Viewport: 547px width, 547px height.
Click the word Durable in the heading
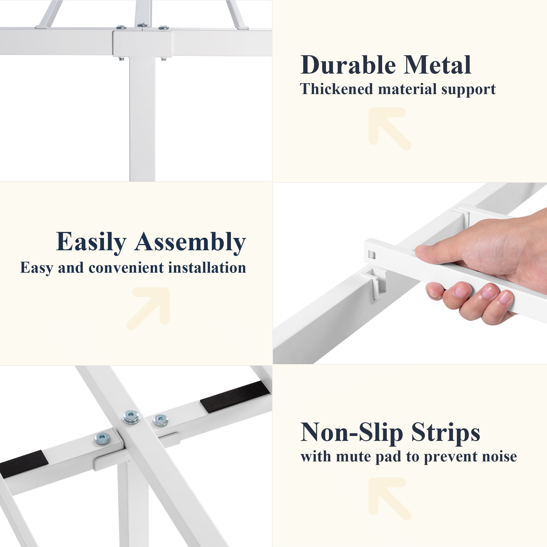[348, 65]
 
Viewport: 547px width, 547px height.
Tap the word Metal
[438, 65]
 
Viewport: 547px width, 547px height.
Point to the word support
[469, 90]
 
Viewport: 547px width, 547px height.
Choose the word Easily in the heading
[91, 242]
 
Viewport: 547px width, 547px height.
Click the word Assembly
[190, 242]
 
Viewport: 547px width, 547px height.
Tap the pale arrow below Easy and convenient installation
[148, 309]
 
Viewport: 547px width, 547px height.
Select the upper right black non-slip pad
[235, 396]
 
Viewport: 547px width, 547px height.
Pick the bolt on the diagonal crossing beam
[131, 417]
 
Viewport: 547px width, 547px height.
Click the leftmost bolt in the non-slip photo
[102, 439]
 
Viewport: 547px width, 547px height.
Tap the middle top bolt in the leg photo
[142, 25]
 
